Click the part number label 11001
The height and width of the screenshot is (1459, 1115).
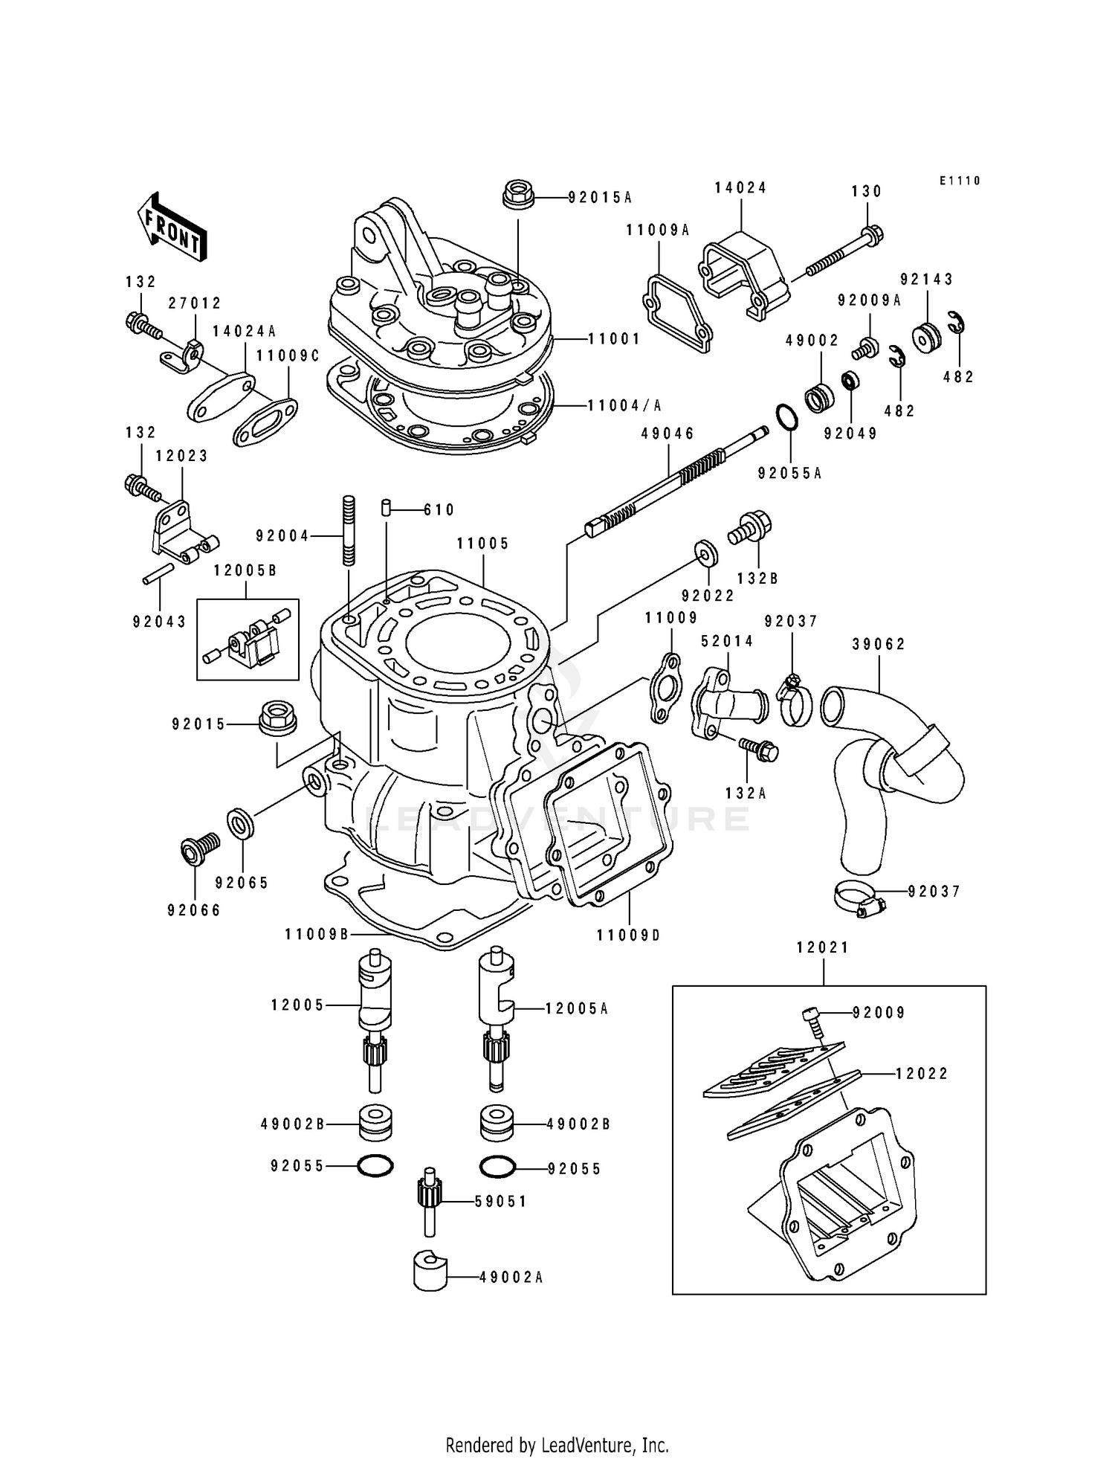coord(613,339)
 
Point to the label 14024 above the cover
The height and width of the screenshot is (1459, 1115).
coord(740,188)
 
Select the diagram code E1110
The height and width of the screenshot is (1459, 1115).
coord(960,181)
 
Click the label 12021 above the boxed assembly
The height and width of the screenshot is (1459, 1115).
coord(822,948)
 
